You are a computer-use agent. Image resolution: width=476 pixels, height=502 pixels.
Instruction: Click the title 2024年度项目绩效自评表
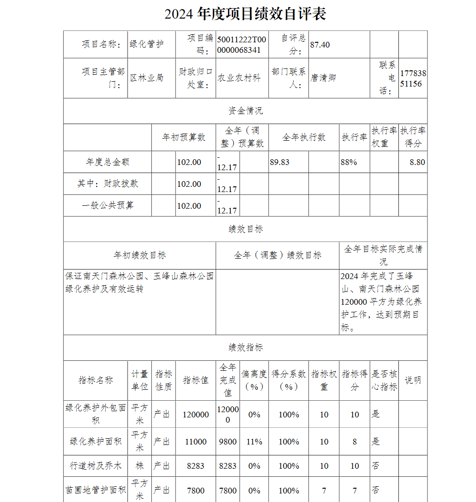pos(245,14)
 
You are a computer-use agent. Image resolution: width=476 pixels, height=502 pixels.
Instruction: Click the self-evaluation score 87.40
pos(320,45)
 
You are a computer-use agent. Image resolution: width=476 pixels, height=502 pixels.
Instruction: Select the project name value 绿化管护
pos(147,44)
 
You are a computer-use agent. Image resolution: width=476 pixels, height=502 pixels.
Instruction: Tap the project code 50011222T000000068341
pos(241,45)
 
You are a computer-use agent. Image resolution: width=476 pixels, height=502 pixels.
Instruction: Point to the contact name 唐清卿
pos(323,77)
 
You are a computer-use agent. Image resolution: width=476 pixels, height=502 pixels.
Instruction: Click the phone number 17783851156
pos(413,78)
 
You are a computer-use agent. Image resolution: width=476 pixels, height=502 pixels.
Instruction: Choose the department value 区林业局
pos(147,77)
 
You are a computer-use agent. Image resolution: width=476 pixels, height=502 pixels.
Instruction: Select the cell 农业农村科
pos(239,78)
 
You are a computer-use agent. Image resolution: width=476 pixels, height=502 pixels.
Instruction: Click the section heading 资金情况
pos(245,111)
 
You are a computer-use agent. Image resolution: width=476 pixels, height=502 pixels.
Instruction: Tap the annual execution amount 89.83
pos(279,162)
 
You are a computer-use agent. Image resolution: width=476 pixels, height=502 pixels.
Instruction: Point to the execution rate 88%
pos(349,162)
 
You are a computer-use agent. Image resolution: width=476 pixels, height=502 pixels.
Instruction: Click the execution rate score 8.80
pos(417,162)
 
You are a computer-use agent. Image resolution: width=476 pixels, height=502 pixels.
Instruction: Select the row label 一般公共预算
pos(108,205)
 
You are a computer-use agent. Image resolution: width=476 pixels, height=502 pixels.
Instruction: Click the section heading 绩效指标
pos(245,348)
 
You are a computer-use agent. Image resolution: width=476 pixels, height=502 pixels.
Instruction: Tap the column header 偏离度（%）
pos(254,380)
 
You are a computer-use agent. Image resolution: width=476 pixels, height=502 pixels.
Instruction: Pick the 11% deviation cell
pos(254,442)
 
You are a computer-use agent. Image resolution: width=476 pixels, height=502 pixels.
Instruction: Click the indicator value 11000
pos(196,442)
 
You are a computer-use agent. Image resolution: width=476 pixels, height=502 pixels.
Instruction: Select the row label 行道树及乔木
pos(96,466)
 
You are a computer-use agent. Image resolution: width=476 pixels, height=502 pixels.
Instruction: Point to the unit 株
pos(139,466)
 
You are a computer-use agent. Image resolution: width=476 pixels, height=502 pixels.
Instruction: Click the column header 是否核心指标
pos(384,380)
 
